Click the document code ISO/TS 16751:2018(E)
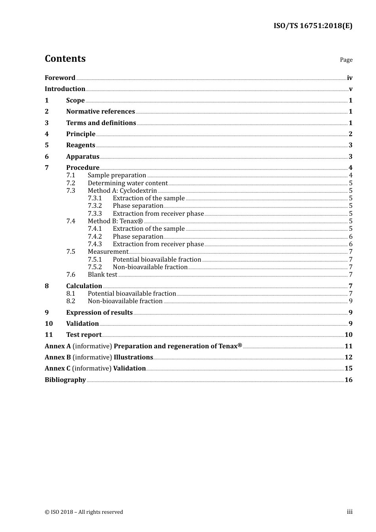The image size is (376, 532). tap(313, 26)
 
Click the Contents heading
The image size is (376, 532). tap(65, 59)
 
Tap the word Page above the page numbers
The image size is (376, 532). tap(346, 60)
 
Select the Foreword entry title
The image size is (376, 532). tap(60, 78)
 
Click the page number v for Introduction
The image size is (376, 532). tap(350, 89)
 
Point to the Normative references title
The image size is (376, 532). tap(101, 112)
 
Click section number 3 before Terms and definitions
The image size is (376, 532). tap(47, 123)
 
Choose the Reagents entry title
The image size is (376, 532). tap(81, 145)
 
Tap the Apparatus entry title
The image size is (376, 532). tap(83, 157)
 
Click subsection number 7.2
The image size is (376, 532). tap(70, 183)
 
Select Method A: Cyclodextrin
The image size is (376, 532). tap(122, 191)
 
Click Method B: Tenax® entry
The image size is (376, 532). tap(115, 221)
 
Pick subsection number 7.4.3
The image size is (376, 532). tap(95, 244)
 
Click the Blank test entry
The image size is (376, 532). tap(103, 275)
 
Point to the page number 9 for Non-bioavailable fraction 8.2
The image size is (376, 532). tap(350, 301)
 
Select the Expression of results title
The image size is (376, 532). tap(99, 313)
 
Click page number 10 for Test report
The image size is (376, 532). tap(348, 335)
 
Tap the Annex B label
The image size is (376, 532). tap(58, 357)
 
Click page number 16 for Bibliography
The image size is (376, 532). tap(348, 380)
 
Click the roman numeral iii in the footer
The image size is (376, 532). tap(349, 512)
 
